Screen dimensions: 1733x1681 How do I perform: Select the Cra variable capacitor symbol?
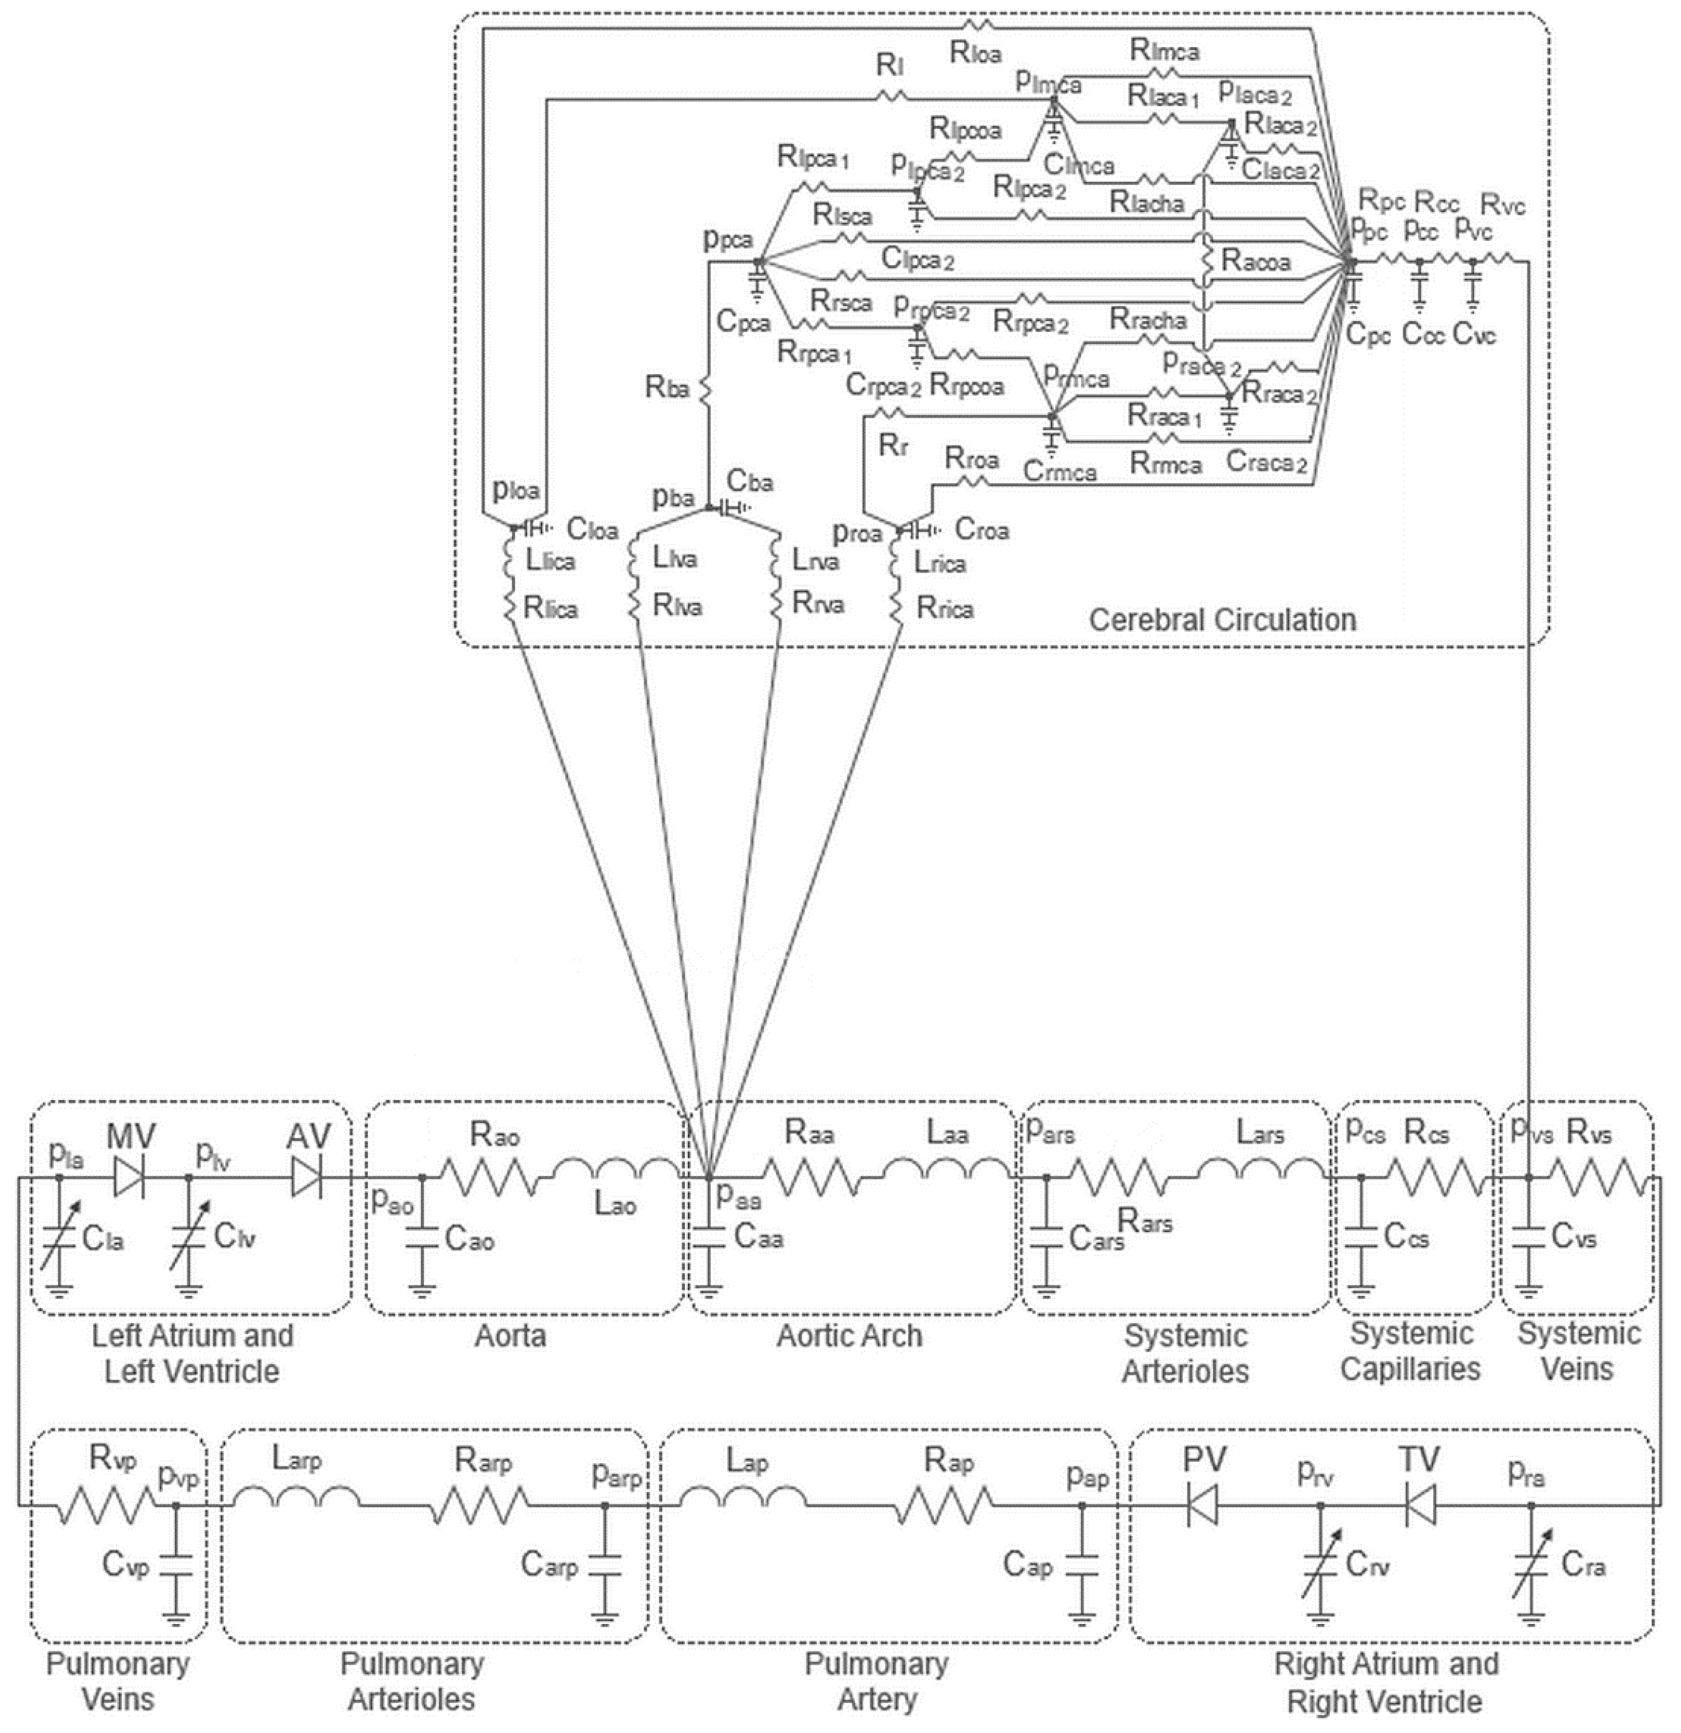(x=1532, y=1565)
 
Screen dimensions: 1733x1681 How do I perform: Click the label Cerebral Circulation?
(x=1222, y=619)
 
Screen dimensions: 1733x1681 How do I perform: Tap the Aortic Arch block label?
(x=849, y=1335)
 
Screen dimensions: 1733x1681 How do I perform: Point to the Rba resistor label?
(x=667, y=387)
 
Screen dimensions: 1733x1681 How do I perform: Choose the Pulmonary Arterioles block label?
(x=412, y=1680)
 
